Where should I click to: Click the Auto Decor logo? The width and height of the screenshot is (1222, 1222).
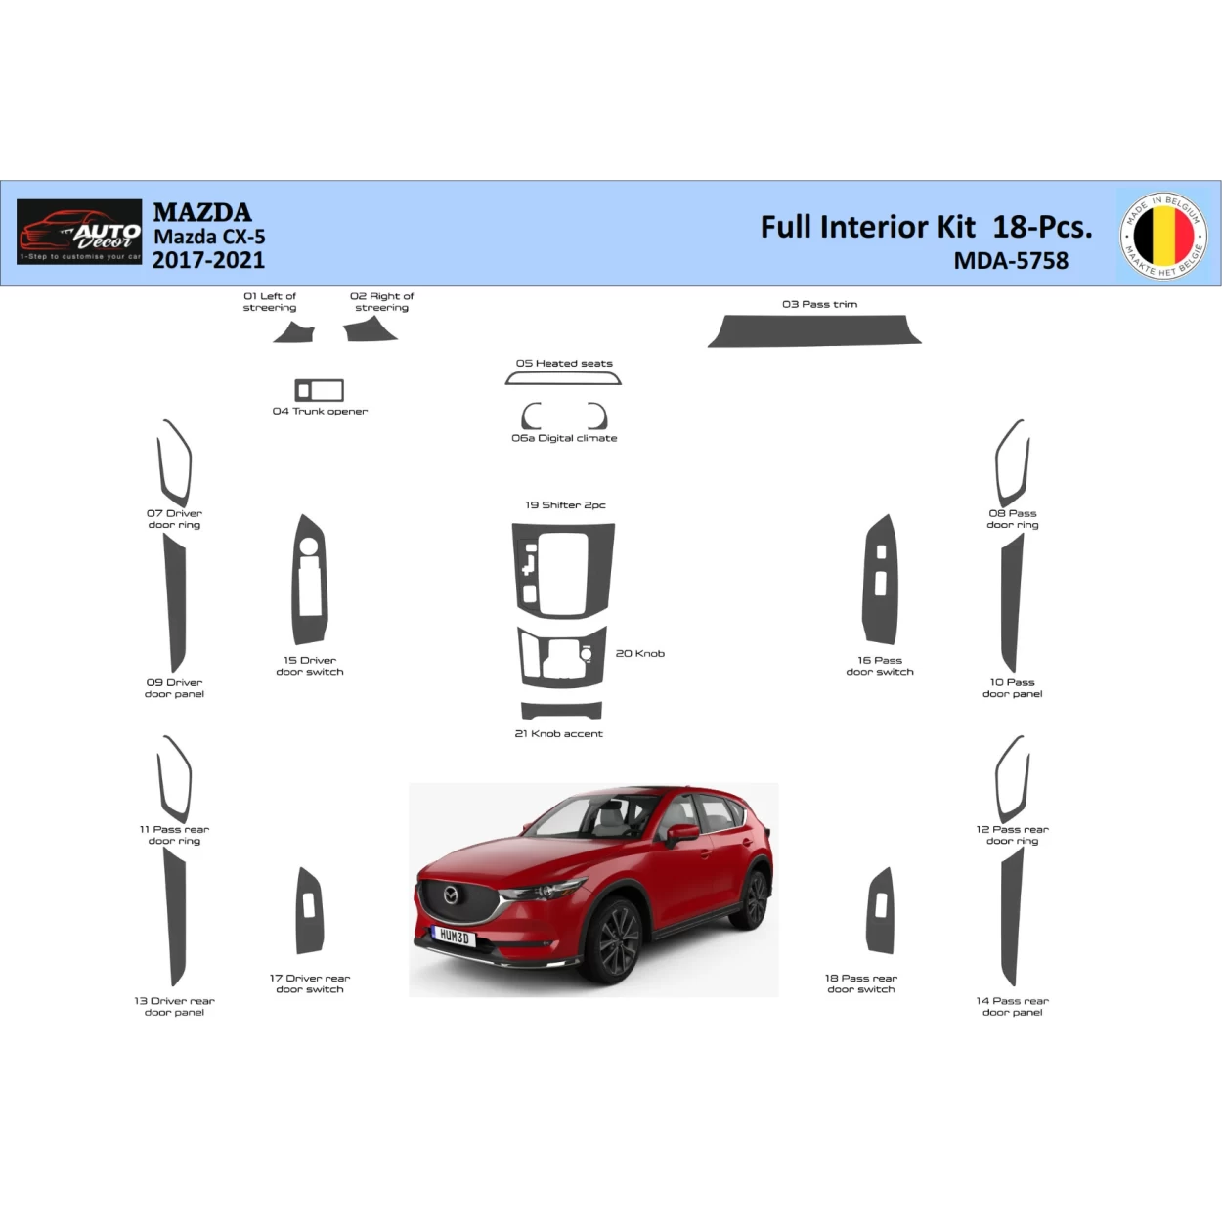[79, 233]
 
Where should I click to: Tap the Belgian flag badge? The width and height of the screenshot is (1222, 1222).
[1163, 236]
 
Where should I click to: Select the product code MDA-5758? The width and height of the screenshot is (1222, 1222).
[1011, 261]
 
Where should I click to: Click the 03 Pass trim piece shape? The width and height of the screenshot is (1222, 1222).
[814, 330]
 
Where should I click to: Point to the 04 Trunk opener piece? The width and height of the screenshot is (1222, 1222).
[320, 390]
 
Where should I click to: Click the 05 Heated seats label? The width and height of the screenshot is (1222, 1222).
[564, 363]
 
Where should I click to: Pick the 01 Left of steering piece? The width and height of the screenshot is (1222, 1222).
[295, 333]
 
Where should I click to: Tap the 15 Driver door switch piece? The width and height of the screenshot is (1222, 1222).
[310, 580]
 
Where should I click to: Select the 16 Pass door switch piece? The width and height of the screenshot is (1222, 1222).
[880, 580]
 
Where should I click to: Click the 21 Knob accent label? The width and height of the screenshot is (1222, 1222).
[558, 733]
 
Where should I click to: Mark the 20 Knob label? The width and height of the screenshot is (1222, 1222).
[639, 653]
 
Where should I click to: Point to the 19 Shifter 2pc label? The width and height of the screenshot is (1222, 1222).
[565, 505]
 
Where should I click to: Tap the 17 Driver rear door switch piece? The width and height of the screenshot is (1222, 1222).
[310, 910]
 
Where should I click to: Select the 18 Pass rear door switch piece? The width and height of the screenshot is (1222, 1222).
[880, 910]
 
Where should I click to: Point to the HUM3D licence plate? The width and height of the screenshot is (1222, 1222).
[454, 938]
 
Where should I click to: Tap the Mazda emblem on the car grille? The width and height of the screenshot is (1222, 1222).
[451, 895]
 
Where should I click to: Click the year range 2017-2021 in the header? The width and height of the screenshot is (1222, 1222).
[208, 260]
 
